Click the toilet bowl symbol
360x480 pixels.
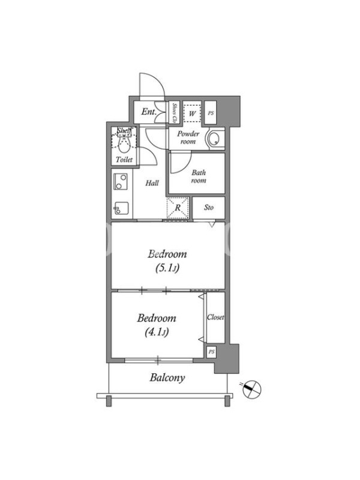click(124, 146)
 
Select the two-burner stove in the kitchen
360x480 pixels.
click(121, 181)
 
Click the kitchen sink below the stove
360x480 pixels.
click(122, 209)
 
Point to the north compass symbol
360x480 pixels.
click(251, 389)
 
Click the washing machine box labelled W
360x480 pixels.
click(192, 113)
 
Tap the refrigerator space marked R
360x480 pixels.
click(178, 208)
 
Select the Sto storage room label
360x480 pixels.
click(208, 207)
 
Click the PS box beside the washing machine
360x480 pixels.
click(211, 113)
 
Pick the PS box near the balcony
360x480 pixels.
click(212, 352)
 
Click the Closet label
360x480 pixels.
click(215, 317)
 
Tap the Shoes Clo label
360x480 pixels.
click(175, 113)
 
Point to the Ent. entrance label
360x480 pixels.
click(149, 112)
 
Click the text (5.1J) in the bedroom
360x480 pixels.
click(167, 268)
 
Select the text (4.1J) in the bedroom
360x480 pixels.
click(157, 332)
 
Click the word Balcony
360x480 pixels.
click(167, 378)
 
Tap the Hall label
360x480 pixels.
click(152, 183)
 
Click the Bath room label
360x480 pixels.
click(199, 176)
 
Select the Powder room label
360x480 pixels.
click(188, 137)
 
